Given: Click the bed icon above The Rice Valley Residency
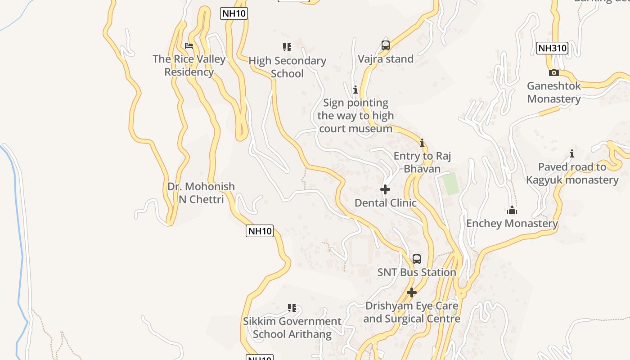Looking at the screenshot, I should click(189, 46).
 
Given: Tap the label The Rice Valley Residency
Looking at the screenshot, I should click(189, 65).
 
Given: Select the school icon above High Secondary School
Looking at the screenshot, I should click(287, 47).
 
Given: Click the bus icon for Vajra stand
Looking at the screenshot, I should click(386, 45).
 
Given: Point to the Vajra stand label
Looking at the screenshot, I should click(386, 59).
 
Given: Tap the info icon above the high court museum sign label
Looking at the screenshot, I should click(355, 90).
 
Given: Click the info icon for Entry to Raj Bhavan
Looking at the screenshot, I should click(422, 143).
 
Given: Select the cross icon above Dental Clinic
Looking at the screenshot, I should click(385, 189).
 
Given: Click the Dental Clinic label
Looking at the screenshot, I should click(386, 203).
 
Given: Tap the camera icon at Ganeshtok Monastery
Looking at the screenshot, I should click(554, 72).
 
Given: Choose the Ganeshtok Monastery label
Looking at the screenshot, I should click(554, 92).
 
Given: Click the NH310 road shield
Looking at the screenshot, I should click(552, 48).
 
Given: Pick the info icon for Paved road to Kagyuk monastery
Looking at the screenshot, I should click(572, 154).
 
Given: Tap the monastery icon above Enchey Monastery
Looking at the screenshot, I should click(512, 210).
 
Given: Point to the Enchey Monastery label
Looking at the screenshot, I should click(512, 223).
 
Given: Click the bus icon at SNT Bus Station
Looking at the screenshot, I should click(417, 259).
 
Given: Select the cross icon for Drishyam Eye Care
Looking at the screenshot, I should click(412, 292).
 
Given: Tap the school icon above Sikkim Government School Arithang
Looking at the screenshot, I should click(292, 308).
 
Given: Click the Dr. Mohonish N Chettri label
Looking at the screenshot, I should click(201, 193).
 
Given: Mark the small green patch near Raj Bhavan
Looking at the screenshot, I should click(450, 184).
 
